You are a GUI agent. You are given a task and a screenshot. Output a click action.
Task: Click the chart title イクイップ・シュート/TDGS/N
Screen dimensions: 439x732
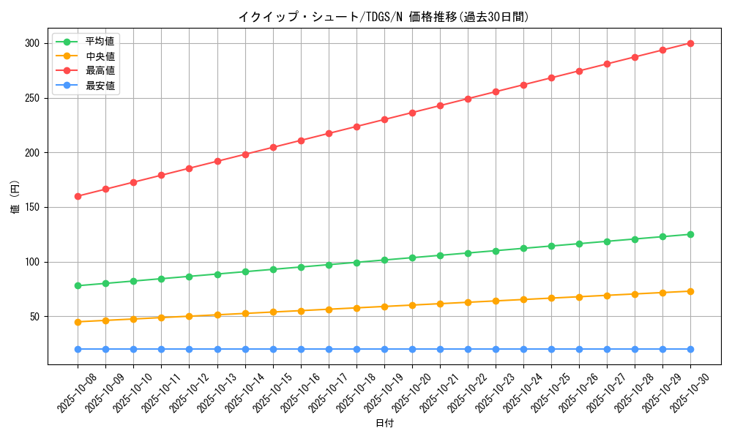click(x=383, y=17)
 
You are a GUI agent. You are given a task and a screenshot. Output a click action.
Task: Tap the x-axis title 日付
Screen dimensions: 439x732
click(x=384, y=423)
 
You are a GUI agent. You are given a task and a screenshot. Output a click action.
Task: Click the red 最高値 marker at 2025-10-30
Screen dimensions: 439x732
click(x=690, y=43)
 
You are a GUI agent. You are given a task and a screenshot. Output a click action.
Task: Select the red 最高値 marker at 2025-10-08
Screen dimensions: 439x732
click(x=78, y=196)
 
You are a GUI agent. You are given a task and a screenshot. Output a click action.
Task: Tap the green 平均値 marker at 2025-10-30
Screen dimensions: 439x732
click(x=690, y=234)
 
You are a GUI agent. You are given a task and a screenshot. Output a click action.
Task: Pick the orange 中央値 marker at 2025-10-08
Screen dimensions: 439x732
click(x=78, y=322)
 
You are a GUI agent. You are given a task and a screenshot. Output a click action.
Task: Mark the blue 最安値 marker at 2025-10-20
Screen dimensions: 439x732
click(x=412, y=349)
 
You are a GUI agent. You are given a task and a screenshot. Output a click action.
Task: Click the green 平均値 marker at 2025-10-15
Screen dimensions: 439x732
click(x=273, y=269)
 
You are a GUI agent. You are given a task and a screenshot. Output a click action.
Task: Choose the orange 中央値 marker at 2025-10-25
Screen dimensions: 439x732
click(x=551, y=298)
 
